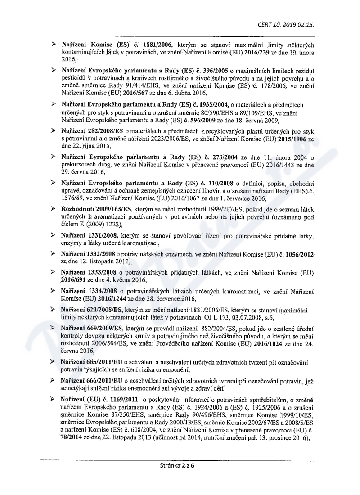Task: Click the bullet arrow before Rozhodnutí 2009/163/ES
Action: point(54,209)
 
